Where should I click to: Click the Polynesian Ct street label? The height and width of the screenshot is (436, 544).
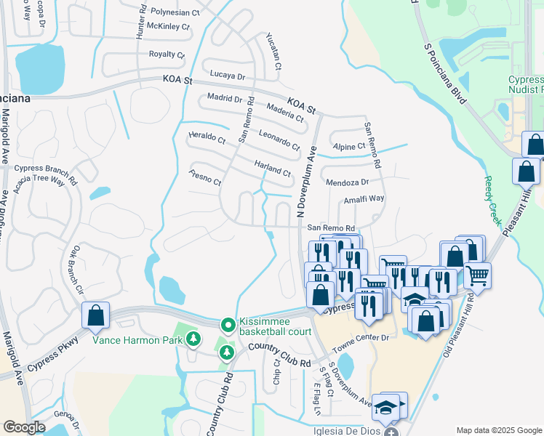click(175, 13)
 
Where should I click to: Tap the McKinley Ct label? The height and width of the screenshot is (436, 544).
click(167, 27)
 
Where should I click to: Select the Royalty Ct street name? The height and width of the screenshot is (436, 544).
click(167, 54)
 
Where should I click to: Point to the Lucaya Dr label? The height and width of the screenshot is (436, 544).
click(228, 76)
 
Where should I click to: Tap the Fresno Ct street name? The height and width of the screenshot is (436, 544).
click(204, 177)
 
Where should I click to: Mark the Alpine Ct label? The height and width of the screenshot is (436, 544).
click(347, 146)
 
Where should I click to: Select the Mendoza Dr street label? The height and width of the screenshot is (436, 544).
click(348, 182)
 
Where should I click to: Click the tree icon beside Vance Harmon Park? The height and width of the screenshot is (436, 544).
click(193, 339)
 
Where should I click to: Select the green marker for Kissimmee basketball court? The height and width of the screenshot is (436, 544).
click(228, 325)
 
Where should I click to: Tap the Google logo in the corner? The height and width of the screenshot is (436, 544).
click(24, 427)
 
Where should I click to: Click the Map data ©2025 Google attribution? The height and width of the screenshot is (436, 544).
click(498, 430)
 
